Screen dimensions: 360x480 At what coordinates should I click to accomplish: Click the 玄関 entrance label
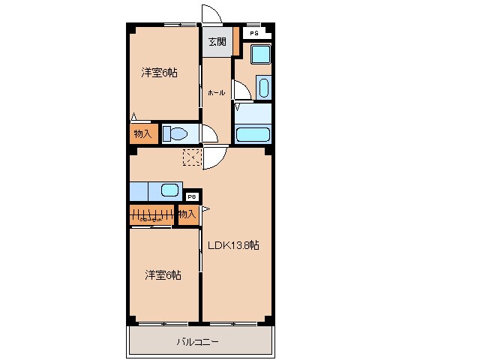pyautogui.click(x=216, y=43)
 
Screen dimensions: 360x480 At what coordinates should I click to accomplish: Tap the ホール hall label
pyautogui.click(x=216, y=92)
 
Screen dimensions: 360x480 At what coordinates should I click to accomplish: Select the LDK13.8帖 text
pyautogui.click(x=234, y=245)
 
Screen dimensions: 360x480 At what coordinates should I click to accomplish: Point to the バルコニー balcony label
pyautogui.click(x=197, y=342)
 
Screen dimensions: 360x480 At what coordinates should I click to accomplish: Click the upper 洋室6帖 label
pyautogui.click(x=160, y=73)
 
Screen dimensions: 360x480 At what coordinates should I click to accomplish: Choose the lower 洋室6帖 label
pyautogui.click(x=163, y=275)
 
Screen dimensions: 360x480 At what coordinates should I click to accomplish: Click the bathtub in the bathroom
pyautogui.click(x=253, y=134)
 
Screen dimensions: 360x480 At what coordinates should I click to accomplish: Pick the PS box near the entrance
pyautogui.click(x=254, y=34)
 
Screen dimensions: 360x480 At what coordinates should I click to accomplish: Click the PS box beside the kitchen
pyautogui.click(x=192, y=196)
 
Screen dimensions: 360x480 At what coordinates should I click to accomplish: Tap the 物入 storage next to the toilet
pyautogui.click(x=142, y=134)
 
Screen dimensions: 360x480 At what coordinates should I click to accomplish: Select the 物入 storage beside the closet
pyautogui.click(x=187, y=214)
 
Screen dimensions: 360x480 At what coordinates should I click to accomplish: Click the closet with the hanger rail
pyautogui.click(x=151, y=214)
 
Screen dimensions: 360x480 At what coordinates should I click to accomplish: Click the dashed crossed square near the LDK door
pyautogui.click(x=192, y=157)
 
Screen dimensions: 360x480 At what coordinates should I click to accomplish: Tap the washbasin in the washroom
pyautogui.click(x=262, y=87)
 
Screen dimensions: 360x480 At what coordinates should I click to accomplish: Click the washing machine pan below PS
pyautogui.click(x=260, y=55)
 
